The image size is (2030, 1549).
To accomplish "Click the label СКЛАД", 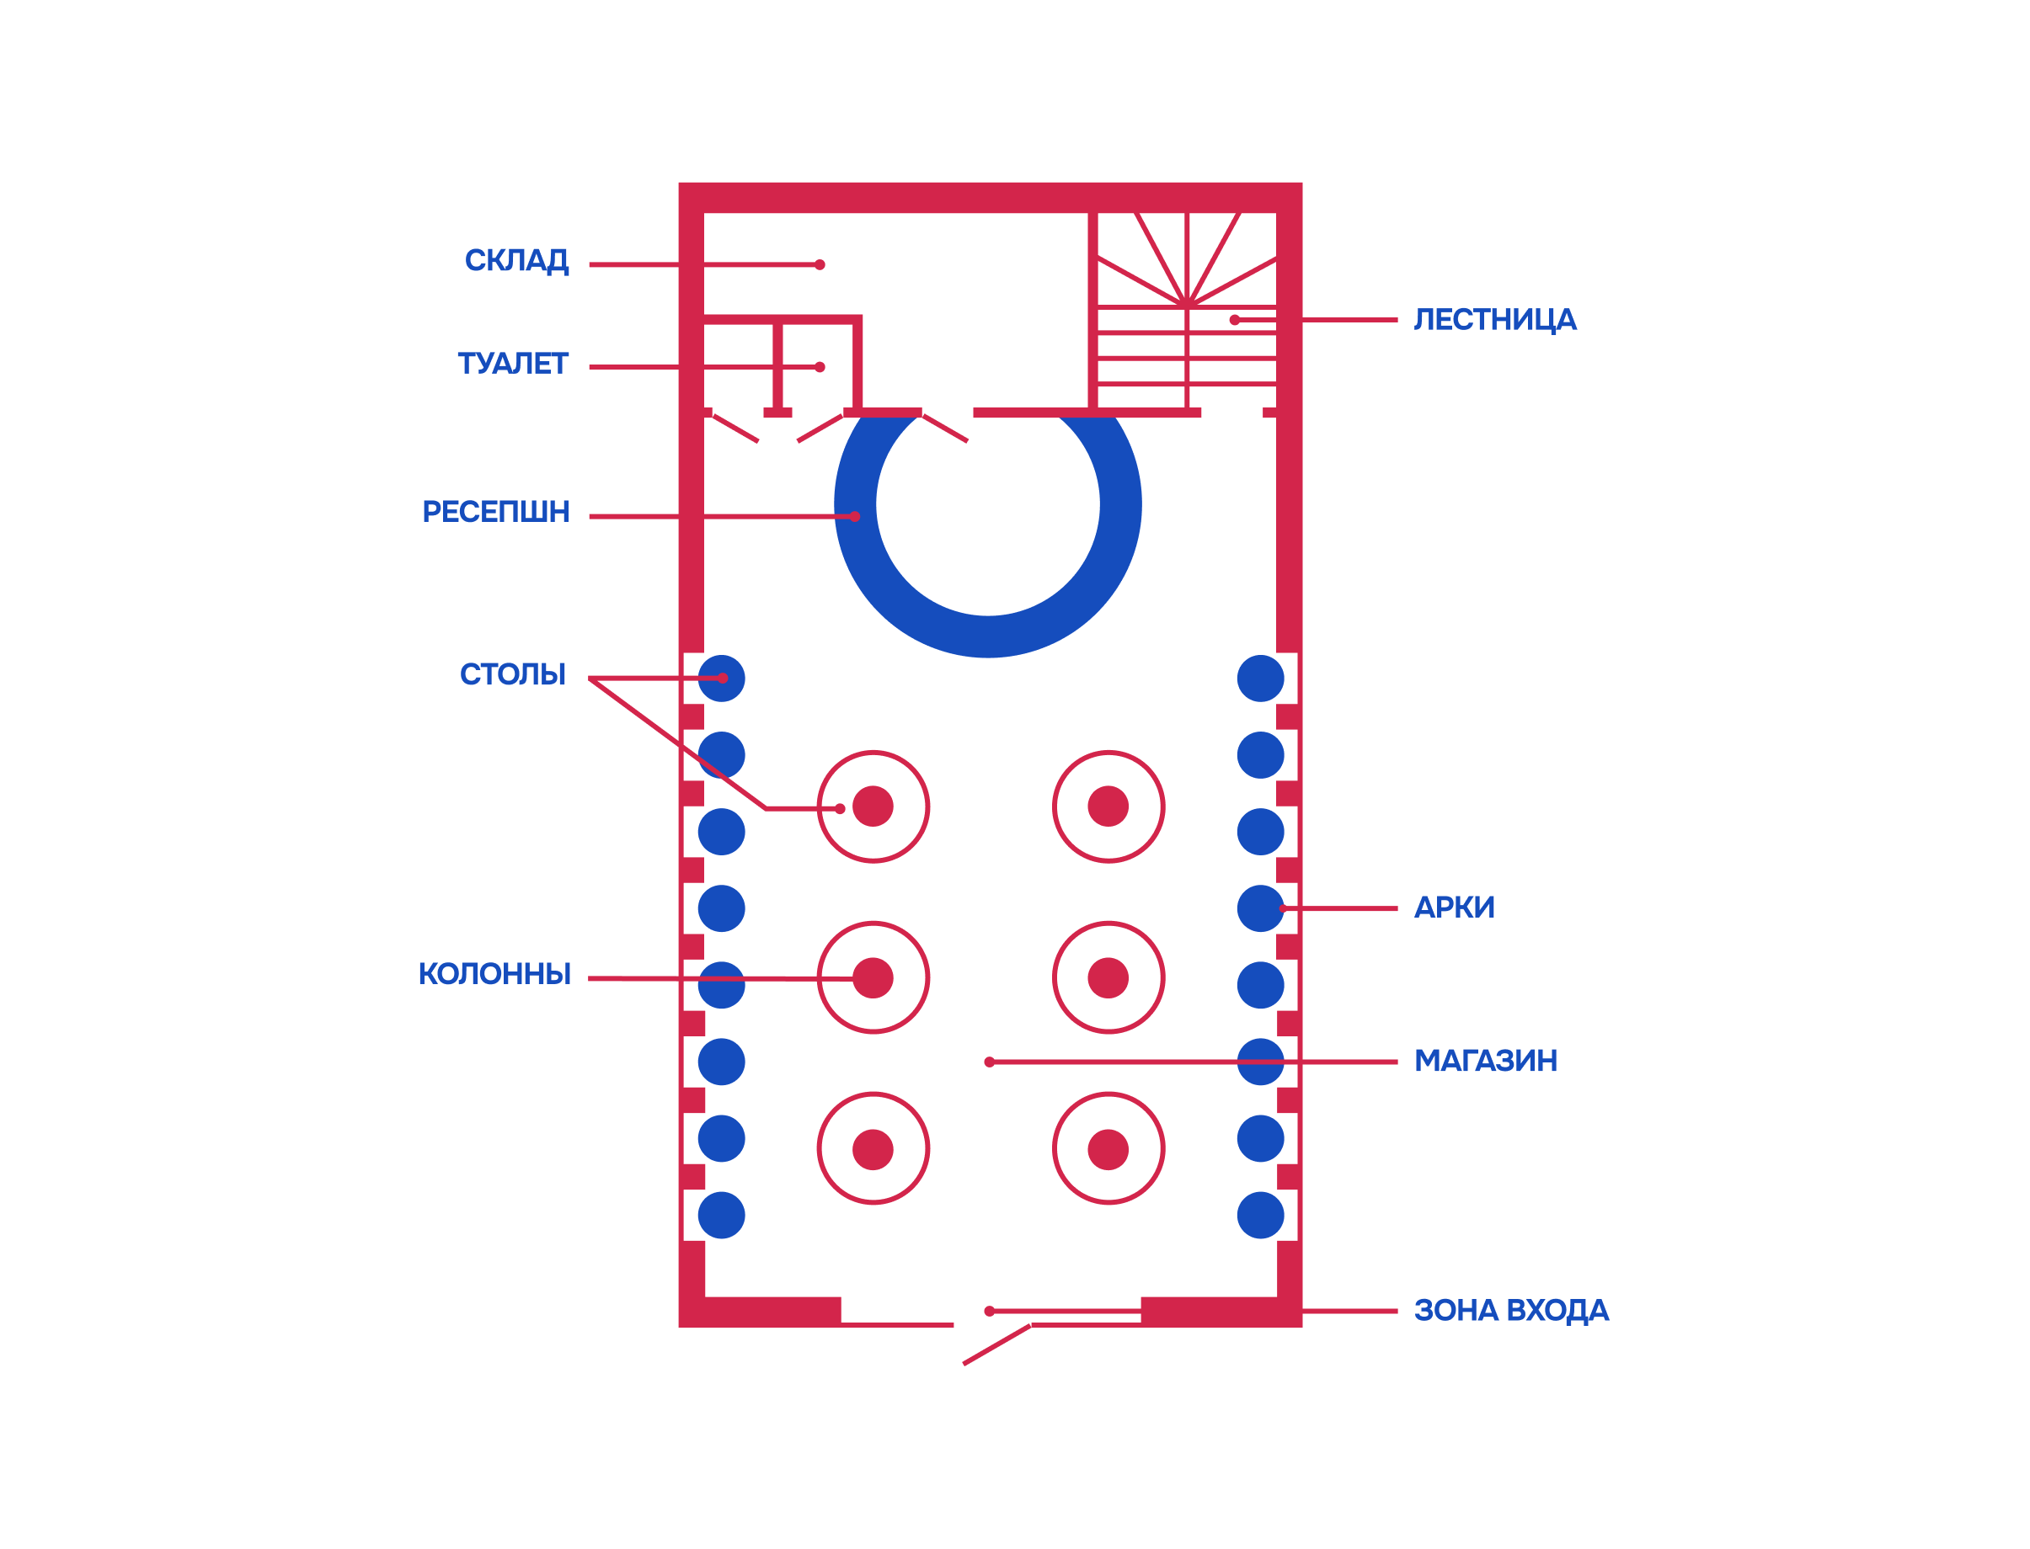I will [516, 261].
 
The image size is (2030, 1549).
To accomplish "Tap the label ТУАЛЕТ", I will [512, 365].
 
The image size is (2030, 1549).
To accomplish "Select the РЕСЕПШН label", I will [495, 512].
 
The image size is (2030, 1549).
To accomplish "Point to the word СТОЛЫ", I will [512, 675].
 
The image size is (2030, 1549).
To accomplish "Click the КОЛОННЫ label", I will [494, 975].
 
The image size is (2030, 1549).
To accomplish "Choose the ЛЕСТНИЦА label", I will [1494, 320].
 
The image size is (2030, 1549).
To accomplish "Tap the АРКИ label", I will [1454, 908].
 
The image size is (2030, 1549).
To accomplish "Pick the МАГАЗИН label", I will [1485, 1062].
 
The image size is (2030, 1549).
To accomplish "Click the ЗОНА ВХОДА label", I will [1511, 1311].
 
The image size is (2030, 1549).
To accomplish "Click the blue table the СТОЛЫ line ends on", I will [721, 679].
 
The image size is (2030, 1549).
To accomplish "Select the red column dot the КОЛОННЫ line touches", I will [873, 978].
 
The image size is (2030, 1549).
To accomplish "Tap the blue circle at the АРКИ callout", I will [1260, 909].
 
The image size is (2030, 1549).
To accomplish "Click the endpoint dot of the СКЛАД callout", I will [819, 264].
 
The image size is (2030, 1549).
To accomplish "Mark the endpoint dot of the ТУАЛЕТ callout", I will [819, 367].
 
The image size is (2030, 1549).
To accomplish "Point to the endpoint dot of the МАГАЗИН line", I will [989, 1062].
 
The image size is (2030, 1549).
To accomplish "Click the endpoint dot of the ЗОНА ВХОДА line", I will [989, 1311].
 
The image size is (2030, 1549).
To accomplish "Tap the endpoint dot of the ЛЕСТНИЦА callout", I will [1234, 320].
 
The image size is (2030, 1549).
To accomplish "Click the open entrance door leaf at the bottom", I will [996, 1344].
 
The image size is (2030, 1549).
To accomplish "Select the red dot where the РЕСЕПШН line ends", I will [854, 516].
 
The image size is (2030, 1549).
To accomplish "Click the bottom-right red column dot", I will [1108, 1150].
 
